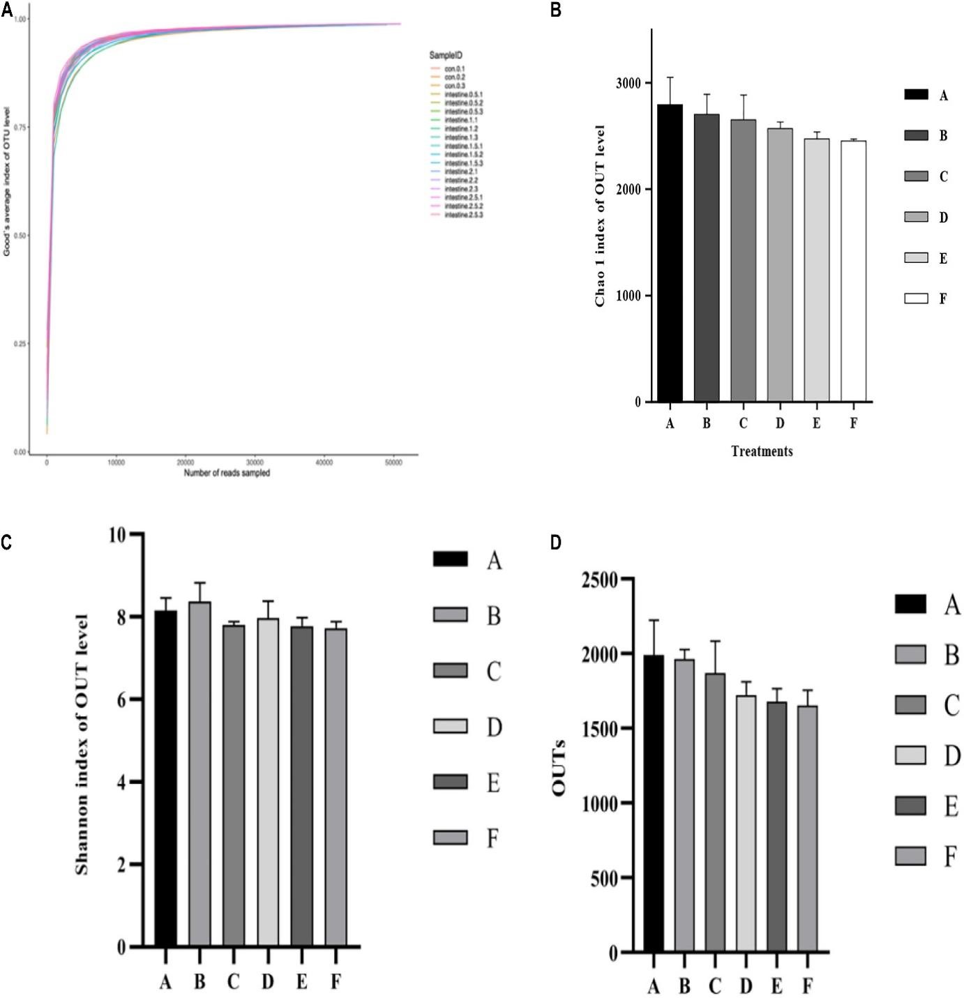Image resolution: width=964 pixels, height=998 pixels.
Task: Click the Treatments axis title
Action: tap(762, 451)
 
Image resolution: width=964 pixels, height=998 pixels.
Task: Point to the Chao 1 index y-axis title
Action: tap(600, 216)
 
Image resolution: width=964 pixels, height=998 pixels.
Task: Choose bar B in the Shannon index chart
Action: tap(199, 774)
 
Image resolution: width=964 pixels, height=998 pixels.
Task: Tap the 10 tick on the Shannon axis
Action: tap(119, 535)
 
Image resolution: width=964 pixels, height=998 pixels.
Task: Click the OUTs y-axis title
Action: tap(559, 766)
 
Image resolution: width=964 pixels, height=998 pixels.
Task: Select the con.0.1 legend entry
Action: tap(454, 69)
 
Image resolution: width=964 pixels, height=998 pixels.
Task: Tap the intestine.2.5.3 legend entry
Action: tap(463, 215)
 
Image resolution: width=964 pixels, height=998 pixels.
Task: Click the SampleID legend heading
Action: tap(446, 55)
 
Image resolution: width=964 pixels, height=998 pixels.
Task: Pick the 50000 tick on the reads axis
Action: tap(393, 462)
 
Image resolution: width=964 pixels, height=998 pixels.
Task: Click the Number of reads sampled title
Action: tap(227, 473)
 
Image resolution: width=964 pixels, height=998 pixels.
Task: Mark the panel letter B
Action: tap(556, 10)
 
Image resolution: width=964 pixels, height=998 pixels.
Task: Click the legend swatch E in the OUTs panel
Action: tap(910, 806)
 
